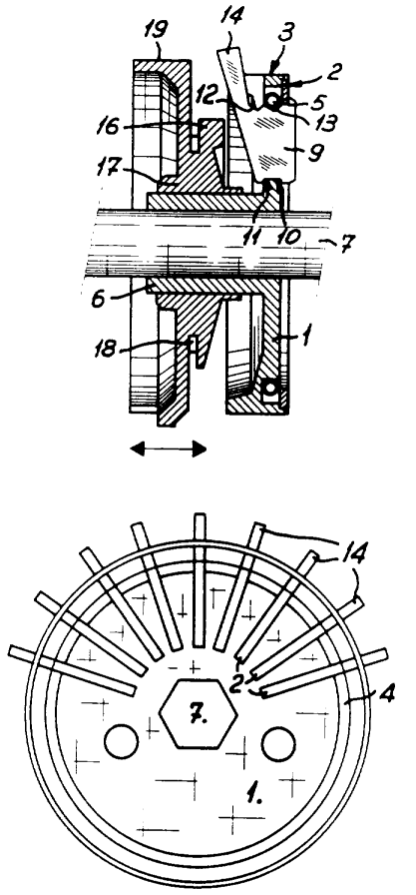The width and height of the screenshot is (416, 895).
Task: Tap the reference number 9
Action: coord(317,152)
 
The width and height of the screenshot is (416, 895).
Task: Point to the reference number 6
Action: coord(99,298)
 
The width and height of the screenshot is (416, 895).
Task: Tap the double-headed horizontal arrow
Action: coord(169,449)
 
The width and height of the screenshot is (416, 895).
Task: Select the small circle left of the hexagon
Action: coord(122,742)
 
